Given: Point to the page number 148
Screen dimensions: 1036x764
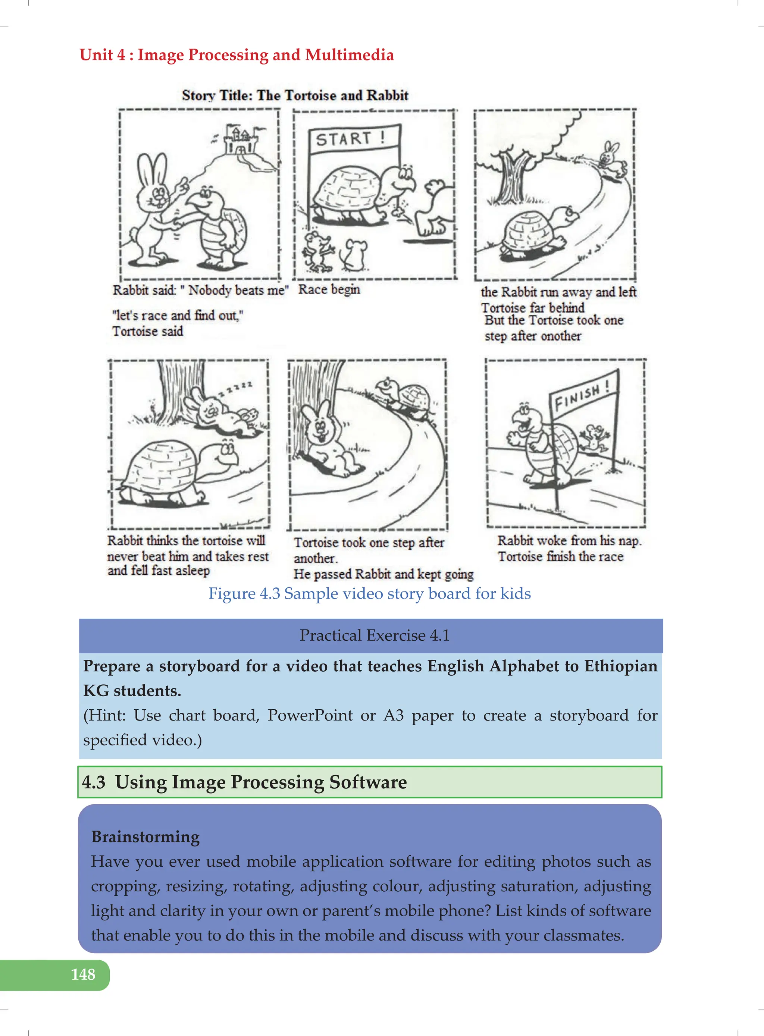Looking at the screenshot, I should [x=83, y=974].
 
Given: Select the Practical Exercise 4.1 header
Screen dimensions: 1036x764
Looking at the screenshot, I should [x=374, y=635].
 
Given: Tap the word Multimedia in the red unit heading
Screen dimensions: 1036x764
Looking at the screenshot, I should [x=349, y=55].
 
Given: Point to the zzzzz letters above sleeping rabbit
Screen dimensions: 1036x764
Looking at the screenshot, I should [x=236, y=388].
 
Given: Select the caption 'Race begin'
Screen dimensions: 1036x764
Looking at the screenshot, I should [x=329, y=290].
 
